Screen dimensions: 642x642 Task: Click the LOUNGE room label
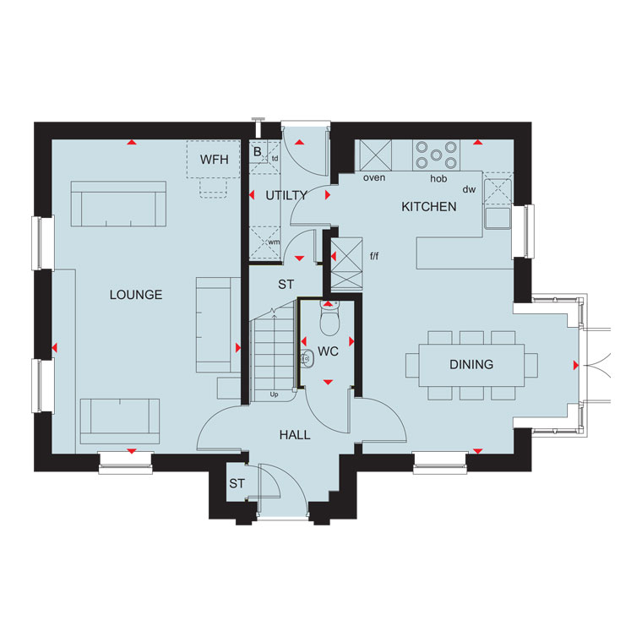click(136, 295)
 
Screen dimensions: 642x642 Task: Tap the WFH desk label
click(214, 160)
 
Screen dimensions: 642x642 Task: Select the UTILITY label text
click(286, 196)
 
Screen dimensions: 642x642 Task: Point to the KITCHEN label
click(428, 207)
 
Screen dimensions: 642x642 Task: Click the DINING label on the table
click(471, 364)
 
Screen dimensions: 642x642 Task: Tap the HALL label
click(295, 435)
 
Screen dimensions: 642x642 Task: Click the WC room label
click(328, 351)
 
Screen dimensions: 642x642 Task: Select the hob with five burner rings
click(436, 155)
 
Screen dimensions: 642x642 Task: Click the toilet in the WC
click(329, 318)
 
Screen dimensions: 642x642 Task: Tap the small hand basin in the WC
click(307, 359)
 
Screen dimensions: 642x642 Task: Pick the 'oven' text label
click(374, 177)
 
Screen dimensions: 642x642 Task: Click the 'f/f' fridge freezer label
click(374, 256)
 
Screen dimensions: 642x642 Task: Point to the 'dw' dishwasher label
click(469, 189)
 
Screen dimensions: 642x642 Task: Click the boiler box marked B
click(258, 152)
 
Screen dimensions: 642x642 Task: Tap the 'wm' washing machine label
click(274, 242)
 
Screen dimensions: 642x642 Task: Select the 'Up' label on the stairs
click(274, 394)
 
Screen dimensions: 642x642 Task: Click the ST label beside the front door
click(237, 483)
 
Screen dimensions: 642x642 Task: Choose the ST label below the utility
click(286, 284)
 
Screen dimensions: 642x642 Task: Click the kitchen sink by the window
click(498, 217)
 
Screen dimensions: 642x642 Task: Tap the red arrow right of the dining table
click(576, 365)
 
